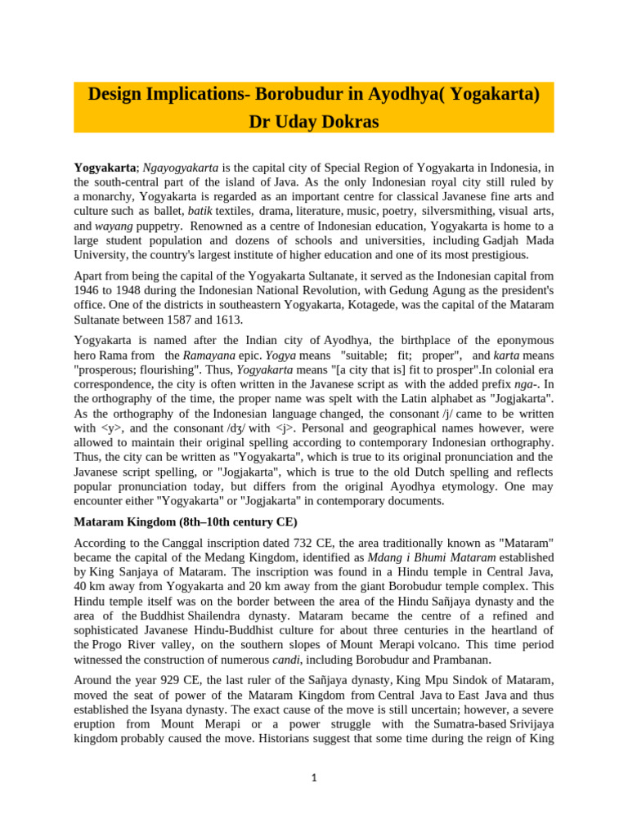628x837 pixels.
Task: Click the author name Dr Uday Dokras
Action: [x=314, y=120]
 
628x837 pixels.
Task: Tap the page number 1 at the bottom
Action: [x=314, y=777]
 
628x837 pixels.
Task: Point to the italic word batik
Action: [x=200, y=212]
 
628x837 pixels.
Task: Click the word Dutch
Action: [x=418, y=472]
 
